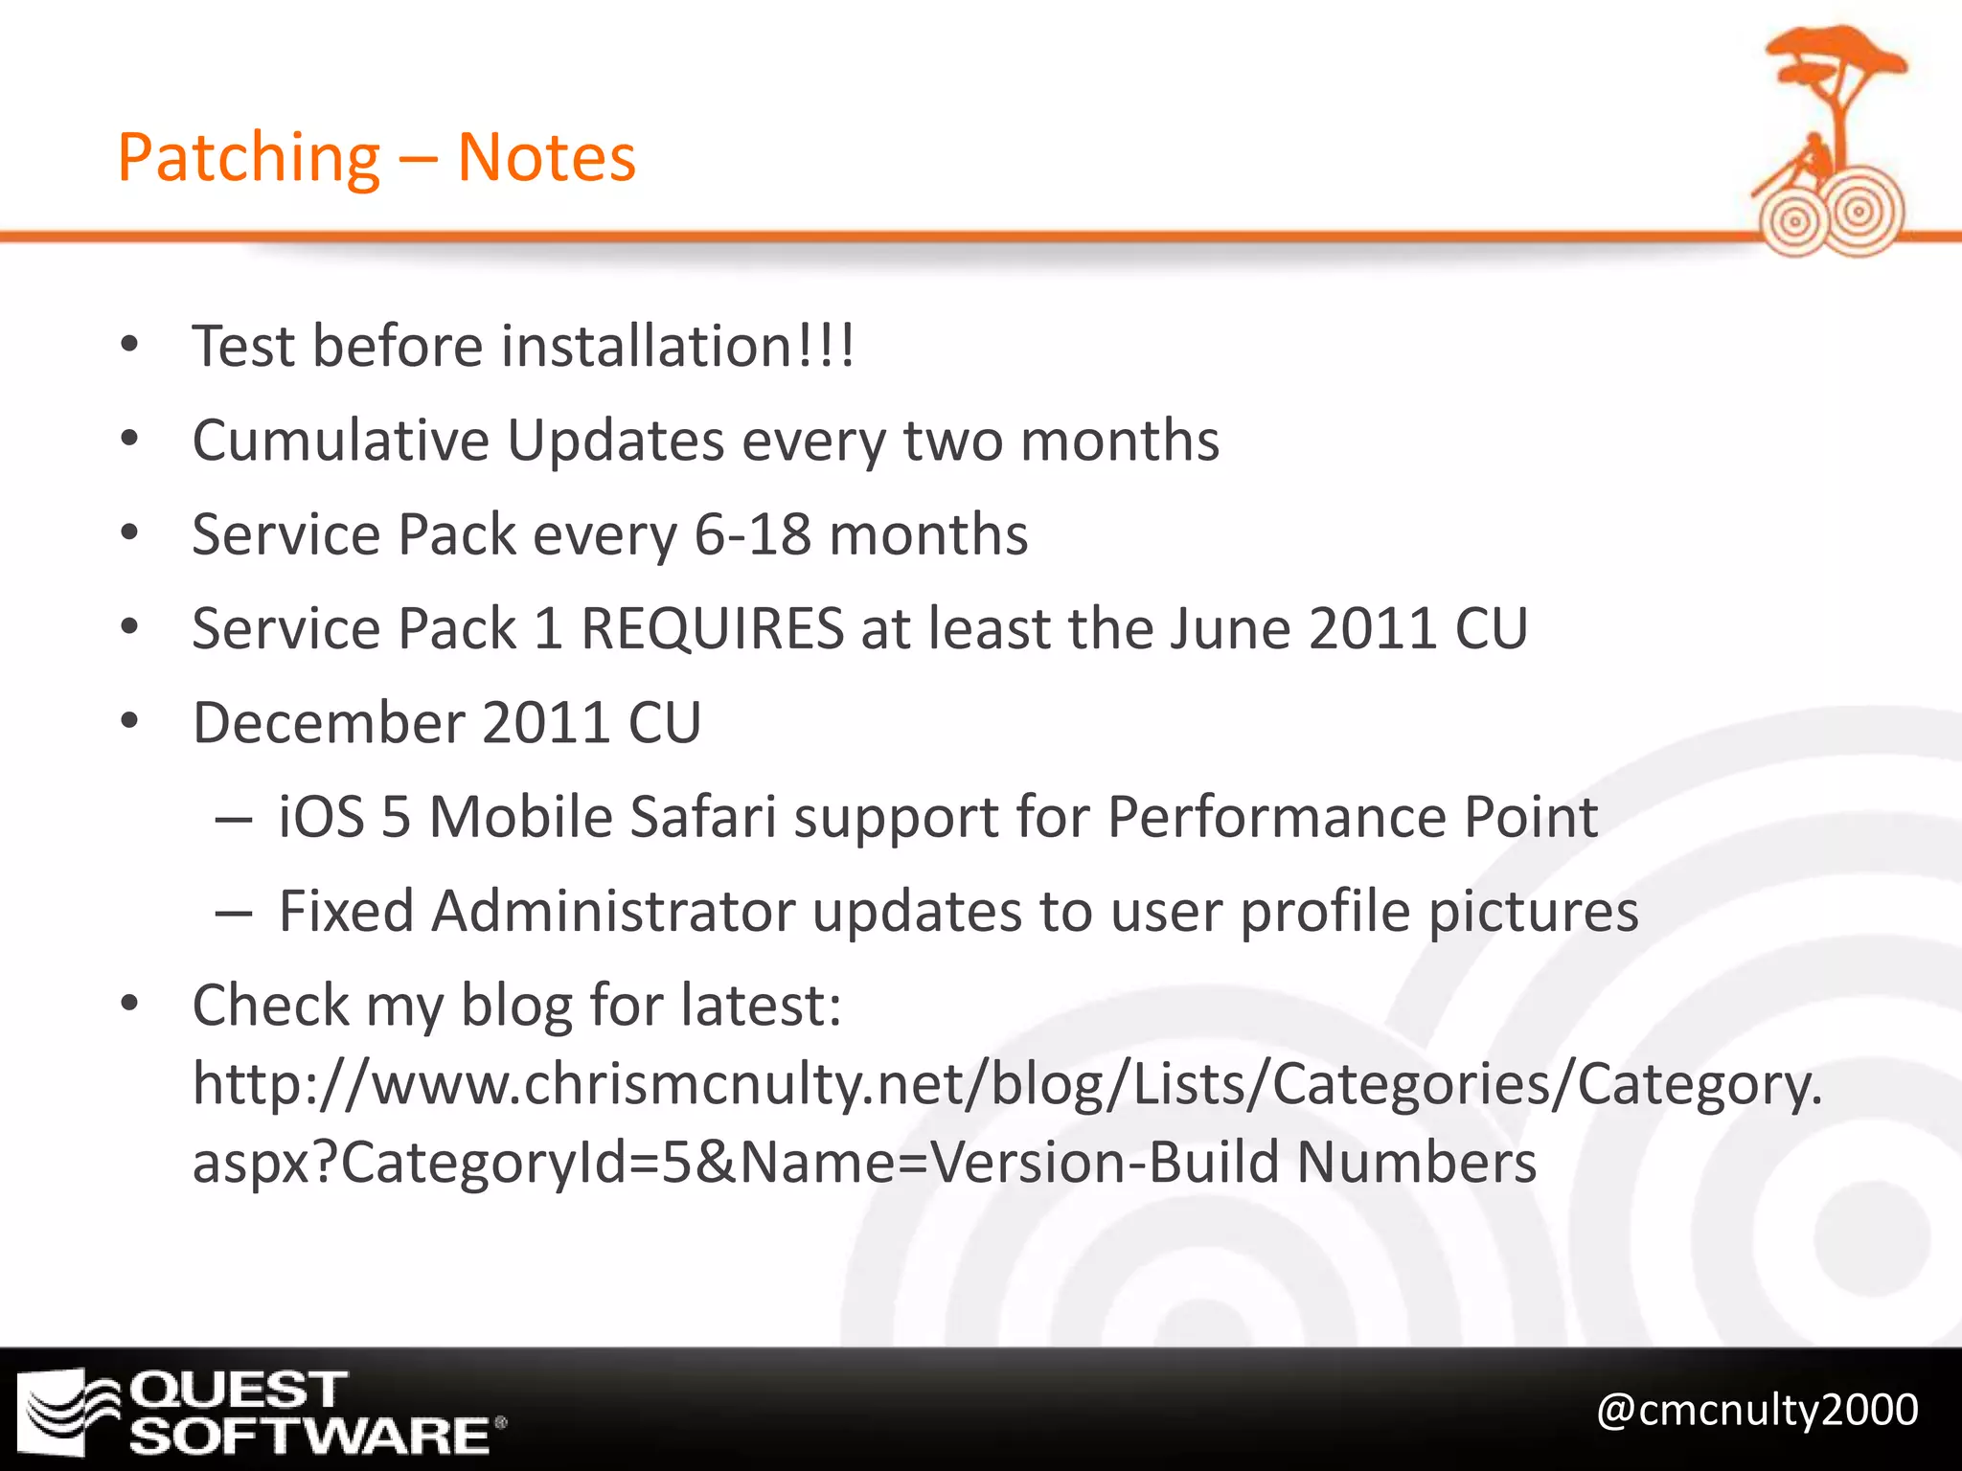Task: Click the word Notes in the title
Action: (x=546, y=158)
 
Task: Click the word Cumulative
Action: (x=341, y=441)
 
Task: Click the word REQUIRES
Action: (x=712, y=629)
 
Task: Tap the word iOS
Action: (x=321, y=818)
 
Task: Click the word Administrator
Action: (x=613, y=912)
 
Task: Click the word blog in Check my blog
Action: (x=516, y=1006)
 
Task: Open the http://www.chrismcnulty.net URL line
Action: (x=1006, y=1084)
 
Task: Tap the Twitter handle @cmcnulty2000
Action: (x=1757, y=1410)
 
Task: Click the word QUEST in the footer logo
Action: (x=238, y=1390)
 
